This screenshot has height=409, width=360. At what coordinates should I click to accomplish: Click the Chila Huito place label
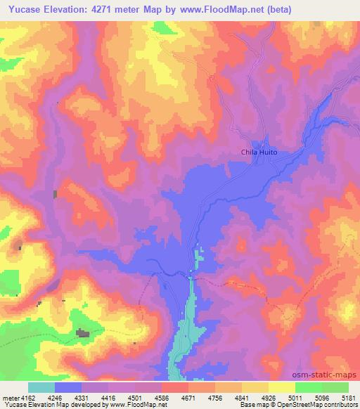coord(259,152)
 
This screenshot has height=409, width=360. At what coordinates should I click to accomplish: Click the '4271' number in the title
coord(111,9)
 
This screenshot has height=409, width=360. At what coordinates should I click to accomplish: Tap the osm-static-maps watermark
coord(330,375)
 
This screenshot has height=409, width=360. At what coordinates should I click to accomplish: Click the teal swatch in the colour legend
coord(41,387)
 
